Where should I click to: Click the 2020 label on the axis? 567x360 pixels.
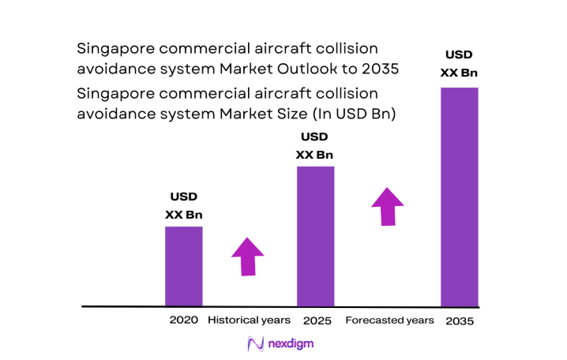(x=183, y=321)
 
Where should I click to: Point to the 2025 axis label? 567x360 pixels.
(x=316, y=321)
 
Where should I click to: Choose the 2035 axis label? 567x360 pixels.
(x=460, y=321)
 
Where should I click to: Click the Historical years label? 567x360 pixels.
(x=249, y=321)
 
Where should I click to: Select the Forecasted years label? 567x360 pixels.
(x=389, y=321)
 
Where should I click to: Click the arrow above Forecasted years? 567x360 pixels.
(x=388, y=206)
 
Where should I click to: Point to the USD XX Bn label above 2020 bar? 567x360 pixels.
(x=183, y=205)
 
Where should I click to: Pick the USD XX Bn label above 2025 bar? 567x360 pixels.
(x=314, y=145)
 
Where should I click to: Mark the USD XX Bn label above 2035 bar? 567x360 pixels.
(x=459, y=64)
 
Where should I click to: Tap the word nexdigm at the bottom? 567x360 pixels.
(x=291, y=345)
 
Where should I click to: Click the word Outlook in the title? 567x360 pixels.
(x=310, y=69)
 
